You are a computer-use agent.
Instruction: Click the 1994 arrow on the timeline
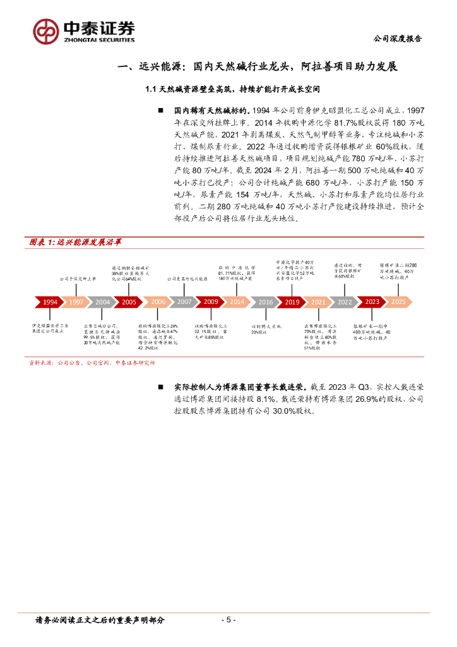50,302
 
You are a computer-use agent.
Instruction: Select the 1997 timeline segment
76,302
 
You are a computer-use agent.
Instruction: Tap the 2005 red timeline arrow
129,302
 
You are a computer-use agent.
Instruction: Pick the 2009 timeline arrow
211,302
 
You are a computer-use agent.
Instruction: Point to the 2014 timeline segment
237,302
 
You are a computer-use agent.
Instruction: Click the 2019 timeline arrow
292,302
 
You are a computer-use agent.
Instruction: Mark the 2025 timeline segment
398,302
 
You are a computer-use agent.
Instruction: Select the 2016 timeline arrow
266,302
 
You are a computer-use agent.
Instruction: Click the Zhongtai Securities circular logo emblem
47,31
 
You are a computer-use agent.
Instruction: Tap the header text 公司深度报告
398,39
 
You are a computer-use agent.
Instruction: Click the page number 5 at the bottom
228,620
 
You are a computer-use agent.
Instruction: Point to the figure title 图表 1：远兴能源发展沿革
76,242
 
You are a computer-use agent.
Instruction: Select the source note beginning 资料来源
92,363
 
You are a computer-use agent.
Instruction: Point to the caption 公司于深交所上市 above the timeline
78,278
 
